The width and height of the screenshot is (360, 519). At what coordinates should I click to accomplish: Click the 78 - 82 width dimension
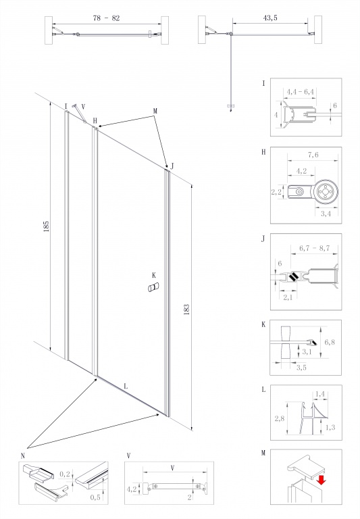pos(106,18)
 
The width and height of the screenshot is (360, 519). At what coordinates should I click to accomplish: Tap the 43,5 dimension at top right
pos(270,18)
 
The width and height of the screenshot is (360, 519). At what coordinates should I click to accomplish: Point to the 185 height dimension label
pos(46,226)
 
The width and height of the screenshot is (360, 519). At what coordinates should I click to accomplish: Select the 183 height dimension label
pos(186,309)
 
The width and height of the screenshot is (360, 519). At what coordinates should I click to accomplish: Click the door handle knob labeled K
pos(153,287)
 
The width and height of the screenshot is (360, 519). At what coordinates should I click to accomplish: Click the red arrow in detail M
pos(321,480)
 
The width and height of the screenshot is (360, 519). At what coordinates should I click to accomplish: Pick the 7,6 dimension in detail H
pos(313,155)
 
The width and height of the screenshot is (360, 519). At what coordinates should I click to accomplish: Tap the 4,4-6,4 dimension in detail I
pos(300,91)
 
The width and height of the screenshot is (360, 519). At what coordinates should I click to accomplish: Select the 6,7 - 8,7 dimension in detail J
pos(314,248)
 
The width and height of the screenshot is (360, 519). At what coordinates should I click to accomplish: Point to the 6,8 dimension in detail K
pos(330,342)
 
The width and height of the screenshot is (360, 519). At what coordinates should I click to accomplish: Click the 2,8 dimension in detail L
pos(279,418)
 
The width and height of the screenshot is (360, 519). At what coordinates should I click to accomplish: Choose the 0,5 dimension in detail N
pos(95,497)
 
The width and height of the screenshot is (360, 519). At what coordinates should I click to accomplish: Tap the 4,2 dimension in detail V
pos(132,489)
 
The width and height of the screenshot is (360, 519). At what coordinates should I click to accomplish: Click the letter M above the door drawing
pos(155,112)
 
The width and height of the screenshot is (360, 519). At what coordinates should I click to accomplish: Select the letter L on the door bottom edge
pos(126,387)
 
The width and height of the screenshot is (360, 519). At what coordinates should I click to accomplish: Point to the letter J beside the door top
pos(172,166)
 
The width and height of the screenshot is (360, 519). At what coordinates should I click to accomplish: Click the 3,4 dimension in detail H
pos(326,214)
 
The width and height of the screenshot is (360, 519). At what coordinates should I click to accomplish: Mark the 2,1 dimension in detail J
pos(288,297)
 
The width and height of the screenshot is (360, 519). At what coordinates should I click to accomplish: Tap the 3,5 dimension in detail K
pos(301,368)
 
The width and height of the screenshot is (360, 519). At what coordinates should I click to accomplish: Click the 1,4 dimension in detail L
pos(320,394)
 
